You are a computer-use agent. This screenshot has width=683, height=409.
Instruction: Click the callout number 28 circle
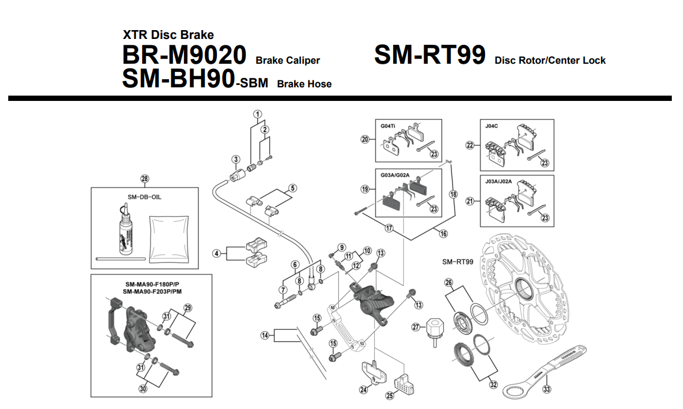(145, 179)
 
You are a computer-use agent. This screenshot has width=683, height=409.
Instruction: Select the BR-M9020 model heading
(184, 55)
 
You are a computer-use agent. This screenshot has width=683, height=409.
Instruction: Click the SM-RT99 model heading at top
(430, 55)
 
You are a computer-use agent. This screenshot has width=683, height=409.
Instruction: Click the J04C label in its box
(492, 126)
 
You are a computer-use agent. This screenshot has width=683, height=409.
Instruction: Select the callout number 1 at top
(258, 114)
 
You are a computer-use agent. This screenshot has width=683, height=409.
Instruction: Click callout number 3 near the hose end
(235, 159)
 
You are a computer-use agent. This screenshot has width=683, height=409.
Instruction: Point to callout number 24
(363, 390)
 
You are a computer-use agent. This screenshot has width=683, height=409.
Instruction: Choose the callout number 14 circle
(265, 335)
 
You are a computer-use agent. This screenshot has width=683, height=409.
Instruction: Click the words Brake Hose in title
(304, 84)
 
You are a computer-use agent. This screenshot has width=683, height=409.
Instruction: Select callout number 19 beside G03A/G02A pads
(365, 189)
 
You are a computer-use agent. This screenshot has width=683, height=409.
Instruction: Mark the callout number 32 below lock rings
(493, 385)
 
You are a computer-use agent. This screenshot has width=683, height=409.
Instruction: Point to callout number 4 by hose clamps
(217, 253)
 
